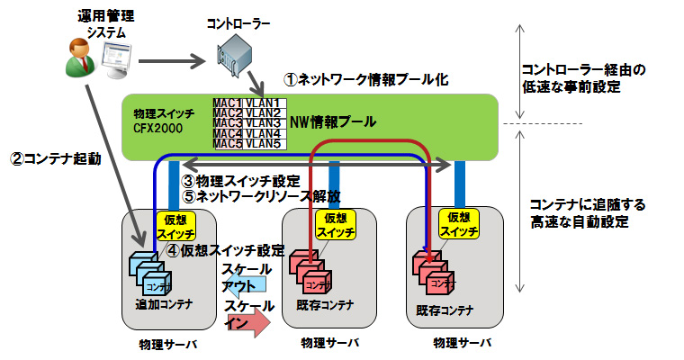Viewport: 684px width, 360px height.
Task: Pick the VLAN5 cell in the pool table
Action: [x=265, y=143]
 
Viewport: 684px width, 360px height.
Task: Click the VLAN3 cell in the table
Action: [x=265, y=123]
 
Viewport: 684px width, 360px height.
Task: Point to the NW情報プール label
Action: [x=332, y=121]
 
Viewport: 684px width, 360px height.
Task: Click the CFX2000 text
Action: [x=158, y=130]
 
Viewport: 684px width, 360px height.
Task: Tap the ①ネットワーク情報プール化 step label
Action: [x=365, y=79]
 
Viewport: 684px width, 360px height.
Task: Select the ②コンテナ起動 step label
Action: [x=55, y=158]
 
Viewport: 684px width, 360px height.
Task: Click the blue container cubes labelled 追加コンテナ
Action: [x=148, y=271]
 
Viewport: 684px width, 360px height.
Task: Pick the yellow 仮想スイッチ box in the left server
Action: [x=173, y=225]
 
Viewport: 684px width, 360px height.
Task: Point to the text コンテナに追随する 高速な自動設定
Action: [x=576, y=212]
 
